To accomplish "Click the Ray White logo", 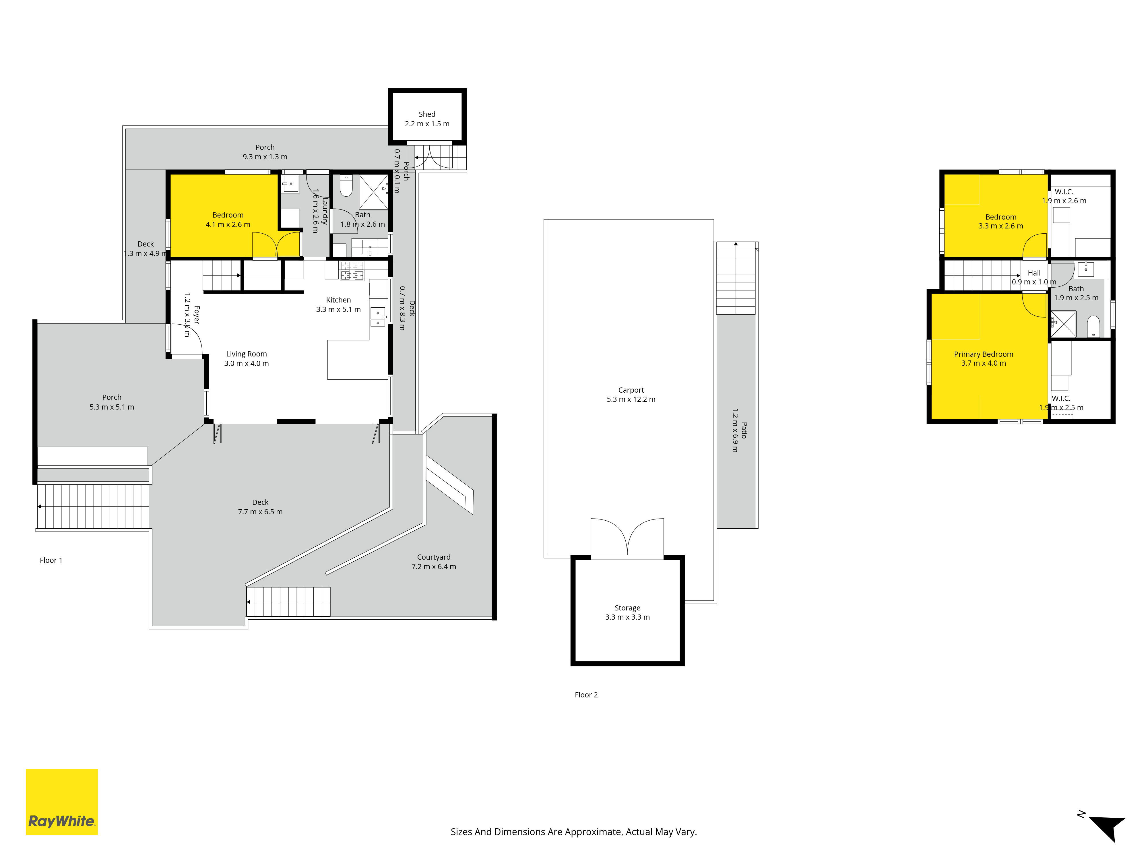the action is click(62, 802).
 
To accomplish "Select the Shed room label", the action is click(427, 114).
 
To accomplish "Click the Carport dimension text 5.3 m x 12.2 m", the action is click(631, 400).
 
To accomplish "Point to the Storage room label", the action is click(627, 608).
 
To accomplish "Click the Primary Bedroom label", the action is click(984, 354).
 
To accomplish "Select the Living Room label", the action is click(247, 354).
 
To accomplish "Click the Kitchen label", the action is click(338, 300).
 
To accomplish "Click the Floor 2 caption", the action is click(586, 695).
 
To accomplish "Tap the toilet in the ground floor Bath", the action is click(346, 186).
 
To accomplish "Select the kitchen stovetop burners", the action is click(352, 270).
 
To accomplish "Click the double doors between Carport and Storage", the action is click(627, 537).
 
